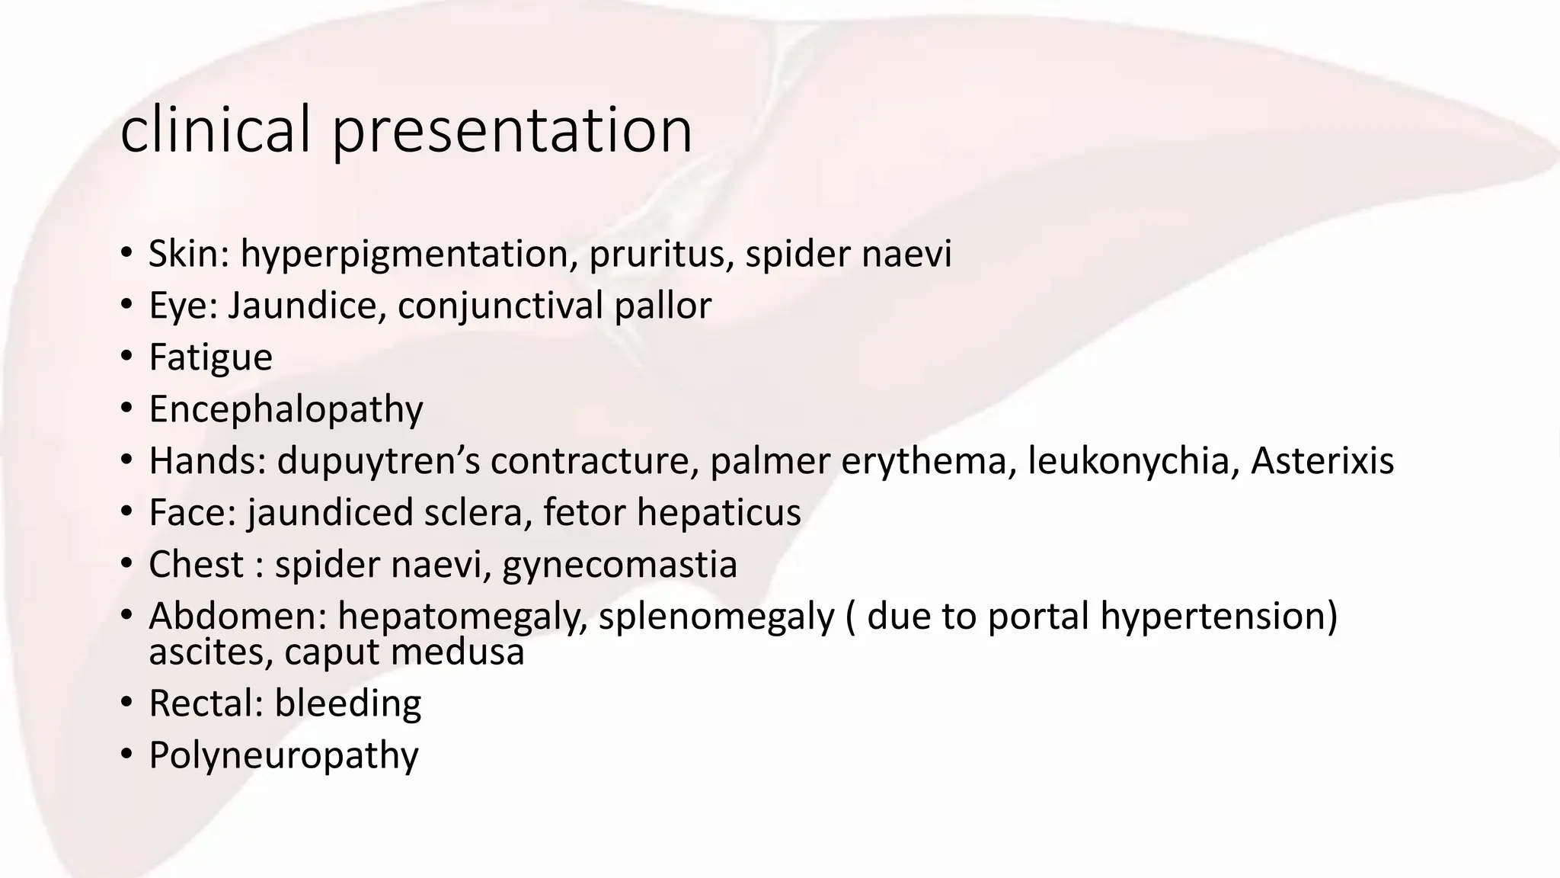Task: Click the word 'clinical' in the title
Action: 215,130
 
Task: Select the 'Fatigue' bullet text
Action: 210,358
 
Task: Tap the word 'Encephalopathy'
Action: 286,410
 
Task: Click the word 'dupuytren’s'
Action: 378,462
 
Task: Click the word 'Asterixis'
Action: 1322,461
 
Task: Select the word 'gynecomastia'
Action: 619,565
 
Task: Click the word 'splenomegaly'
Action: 716,617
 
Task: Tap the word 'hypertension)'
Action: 1219,617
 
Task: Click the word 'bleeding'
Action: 347,703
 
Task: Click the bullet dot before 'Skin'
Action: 126,255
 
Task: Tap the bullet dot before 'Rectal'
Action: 126,703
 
